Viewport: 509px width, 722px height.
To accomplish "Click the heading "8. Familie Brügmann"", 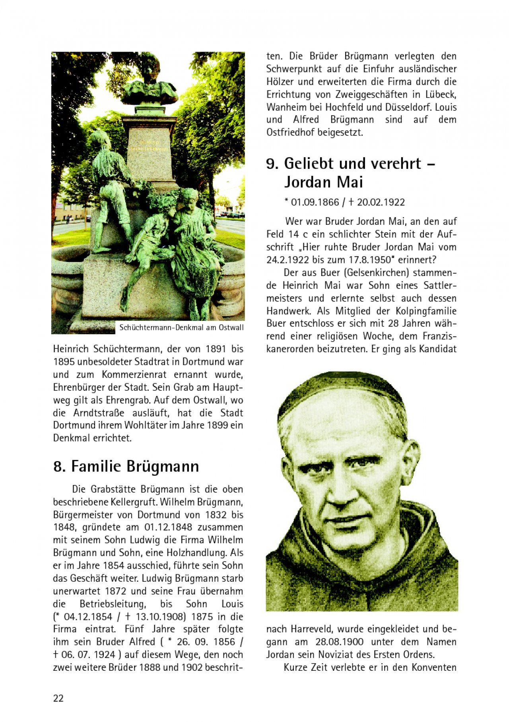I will point(126,466).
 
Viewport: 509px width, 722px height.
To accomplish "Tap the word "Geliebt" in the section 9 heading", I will point(313,163).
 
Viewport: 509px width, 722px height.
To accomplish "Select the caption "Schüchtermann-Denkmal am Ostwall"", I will point(181,328).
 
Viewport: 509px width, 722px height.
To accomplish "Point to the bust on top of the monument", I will point(150,81).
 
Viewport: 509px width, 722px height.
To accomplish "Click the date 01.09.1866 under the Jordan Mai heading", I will point(315,202).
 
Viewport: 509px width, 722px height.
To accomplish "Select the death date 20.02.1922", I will point(381,202).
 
